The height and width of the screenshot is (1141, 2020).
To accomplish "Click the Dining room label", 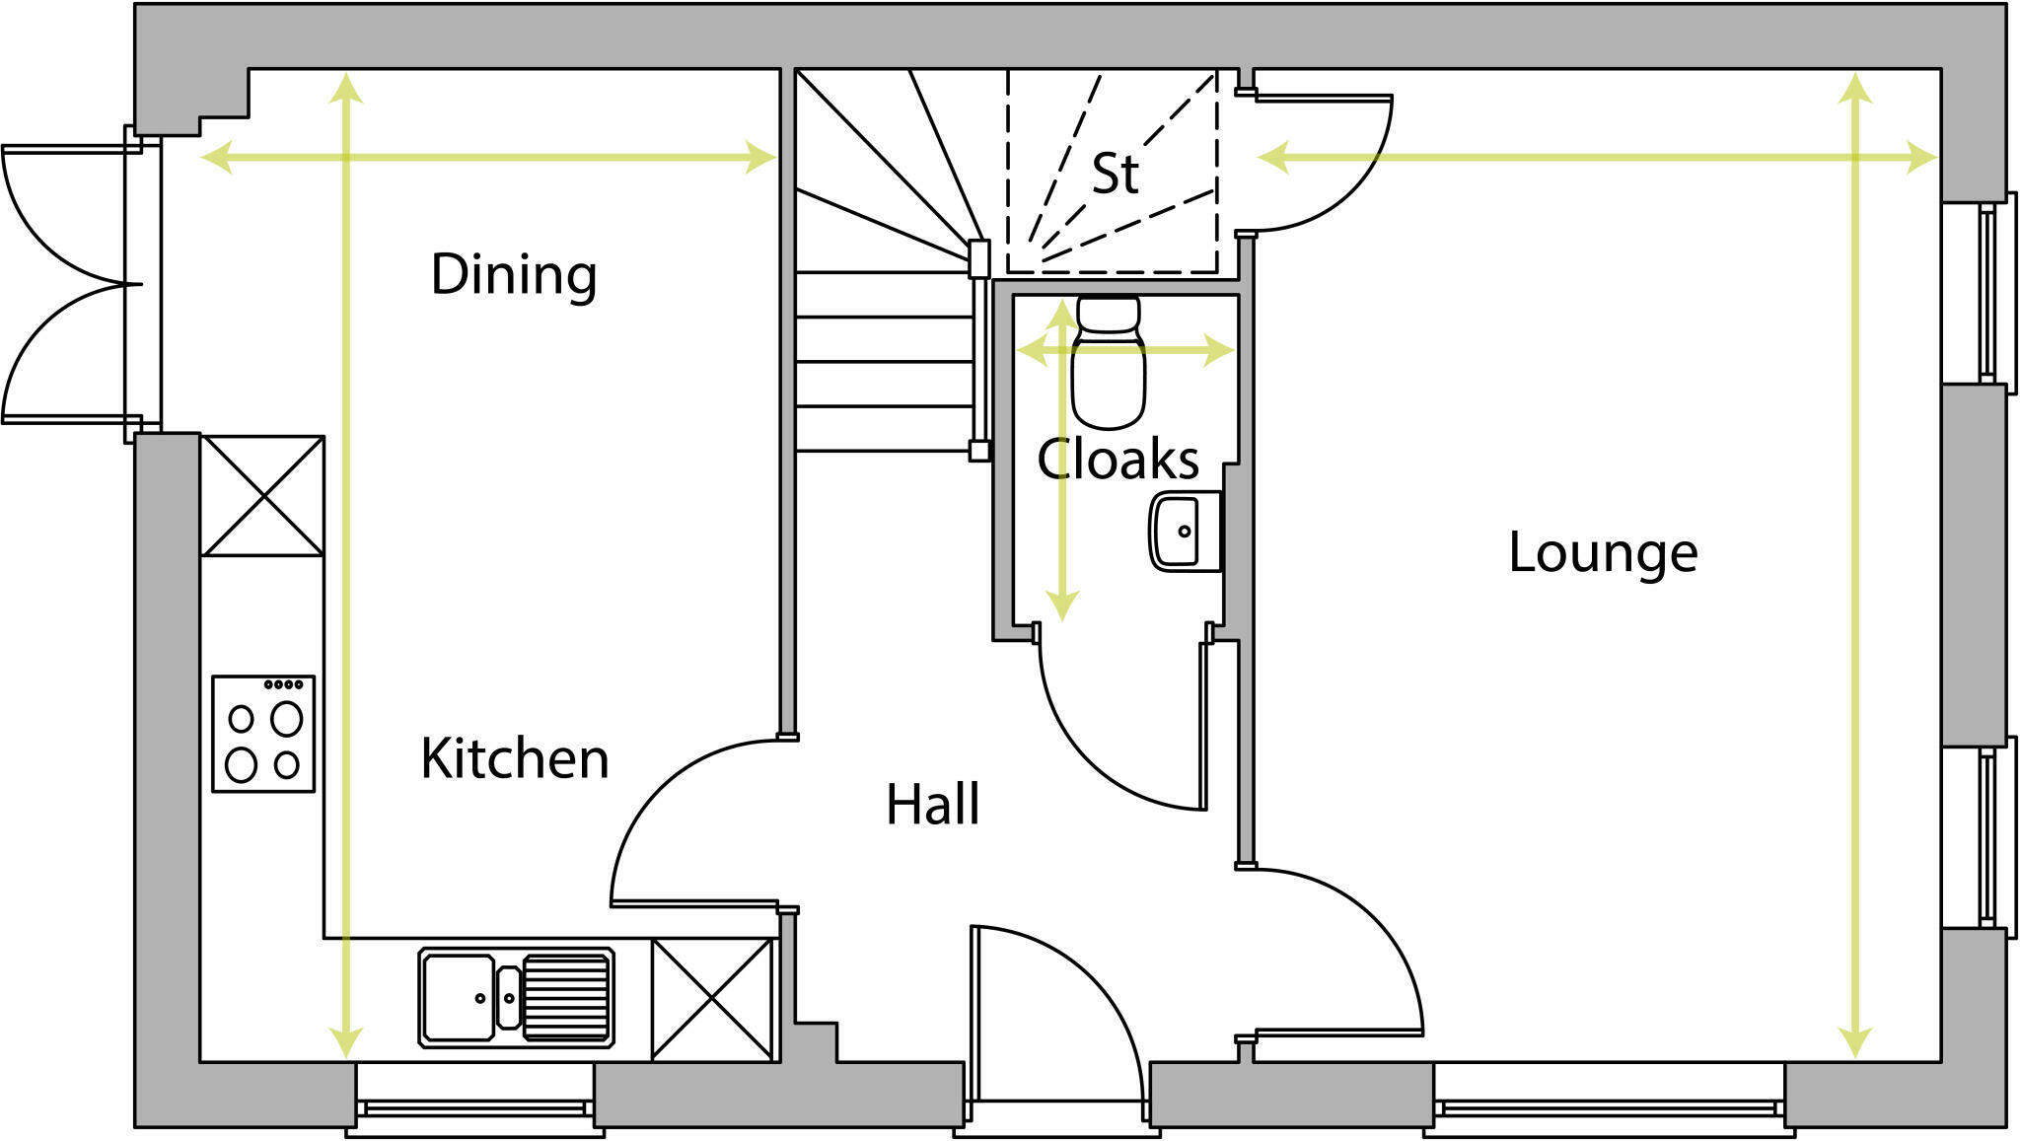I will [514, 275].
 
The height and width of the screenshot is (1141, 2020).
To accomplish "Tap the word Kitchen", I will [515, 758].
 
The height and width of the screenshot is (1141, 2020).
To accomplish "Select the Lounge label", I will [1603, 552].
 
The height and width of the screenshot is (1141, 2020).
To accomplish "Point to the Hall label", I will [932, 805].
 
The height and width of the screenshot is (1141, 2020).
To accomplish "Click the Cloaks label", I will [1118, 460].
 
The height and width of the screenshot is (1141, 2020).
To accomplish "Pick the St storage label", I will [1115, 175].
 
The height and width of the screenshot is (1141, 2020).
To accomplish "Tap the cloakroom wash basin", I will [1182, 532].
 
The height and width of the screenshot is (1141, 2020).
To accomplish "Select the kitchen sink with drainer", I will [516, 997].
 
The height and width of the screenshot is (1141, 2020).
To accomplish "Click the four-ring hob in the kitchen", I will [263, 734].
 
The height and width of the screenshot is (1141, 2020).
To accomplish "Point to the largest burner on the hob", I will [286, 719].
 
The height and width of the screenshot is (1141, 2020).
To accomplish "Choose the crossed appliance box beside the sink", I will [712, 999].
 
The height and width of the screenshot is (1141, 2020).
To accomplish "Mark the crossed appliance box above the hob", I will [262, 496].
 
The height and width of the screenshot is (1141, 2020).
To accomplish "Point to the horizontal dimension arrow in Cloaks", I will [1124, 350].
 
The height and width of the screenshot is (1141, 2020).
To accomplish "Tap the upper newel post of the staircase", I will [978, 258].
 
